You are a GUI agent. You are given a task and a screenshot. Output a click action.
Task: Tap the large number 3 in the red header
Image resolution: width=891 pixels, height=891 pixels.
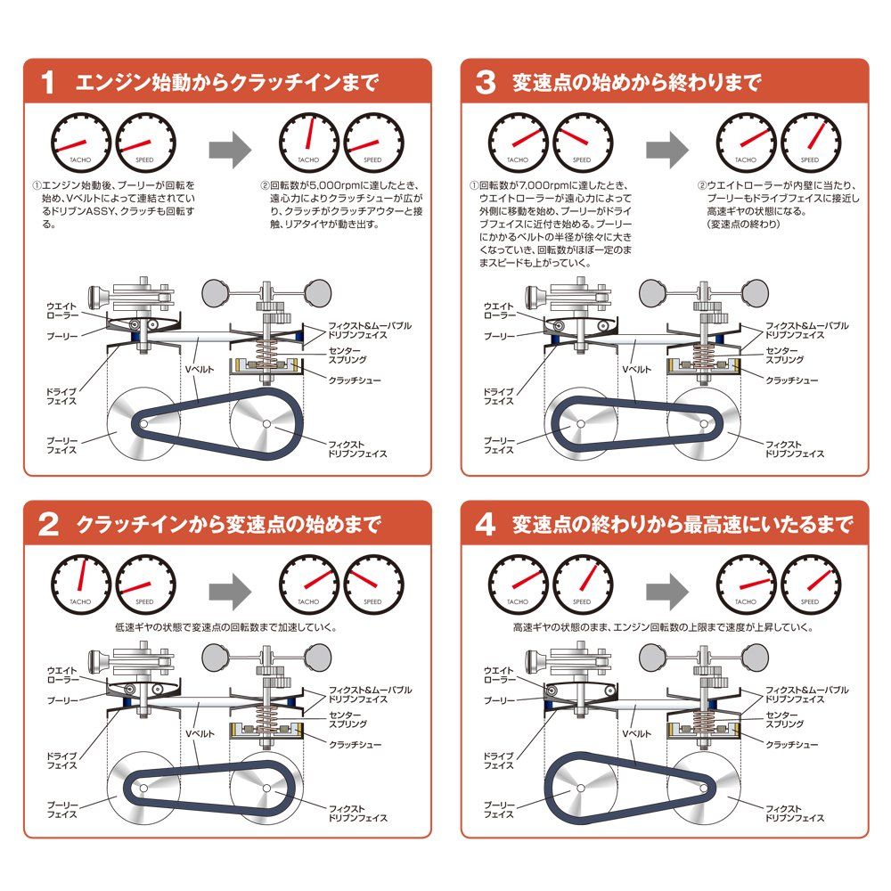486,84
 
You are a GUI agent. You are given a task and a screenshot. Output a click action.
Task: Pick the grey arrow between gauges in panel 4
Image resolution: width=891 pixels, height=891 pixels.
666,588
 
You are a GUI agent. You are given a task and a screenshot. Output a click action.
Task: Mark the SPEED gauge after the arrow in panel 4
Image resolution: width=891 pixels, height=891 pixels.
811,583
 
